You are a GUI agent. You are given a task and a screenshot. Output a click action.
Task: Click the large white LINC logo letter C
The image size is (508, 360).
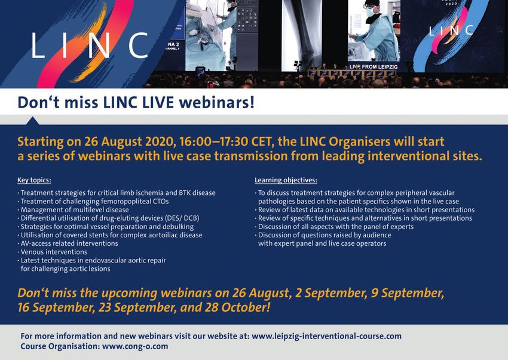click(x=138, y=45)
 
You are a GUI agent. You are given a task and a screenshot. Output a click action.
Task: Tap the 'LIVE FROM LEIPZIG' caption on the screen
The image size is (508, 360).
click(x=373, y=67)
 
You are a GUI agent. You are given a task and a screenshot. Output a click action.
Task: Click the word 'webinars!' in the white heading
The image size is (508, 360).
click(x=217, y=103)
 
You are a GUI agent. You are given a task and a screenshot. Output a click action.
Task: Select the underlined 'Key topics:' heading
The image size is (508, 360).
click(x=34, y=181)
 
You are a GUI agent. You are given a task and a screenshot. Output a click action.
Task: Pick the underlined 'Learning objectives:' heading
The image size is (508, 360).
click(x=286, y=180)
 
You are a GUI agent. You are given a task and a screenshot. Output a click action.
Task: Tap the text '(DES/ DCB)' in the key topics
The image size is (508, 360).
click(x=182, y=218)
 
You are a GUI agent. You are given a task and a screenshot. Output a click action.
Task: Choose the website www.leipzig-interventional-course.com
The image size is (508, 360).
click(x=326, y=336)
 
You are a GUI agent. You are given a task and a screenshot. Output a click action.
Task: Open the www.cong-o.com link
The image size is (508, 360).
click(x=135, y=346)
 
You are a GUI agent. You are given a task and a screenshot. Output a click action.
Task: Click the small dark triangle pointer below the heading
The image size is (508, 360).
click(x=32, y=121)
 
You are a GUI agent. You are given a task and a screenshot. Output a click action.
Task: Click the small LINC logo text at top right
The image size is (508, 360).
click(x=451, y=31)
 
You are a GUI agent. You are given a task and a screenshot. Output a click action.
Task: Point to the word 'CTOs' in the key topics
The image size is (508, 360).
click(x=160, y=201)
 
